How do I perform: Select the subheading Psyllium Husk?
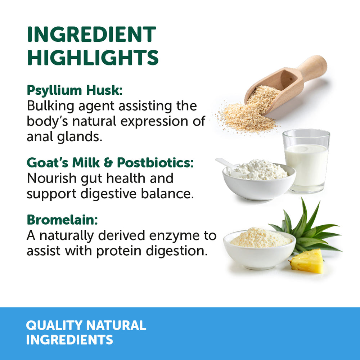point(75,90)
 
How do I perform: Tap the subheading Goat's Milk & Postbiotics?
point(110,163)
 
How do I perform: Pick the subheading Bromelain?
point(62,220)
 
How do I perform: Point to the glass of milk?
point(306,161)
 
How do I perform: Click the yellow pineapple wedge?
point(307,261)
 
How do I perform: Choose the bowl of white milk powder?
point(259,180)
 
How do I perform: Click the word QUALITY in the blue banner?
point(54,325)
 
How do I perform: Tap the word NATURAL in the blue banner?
point(116,325)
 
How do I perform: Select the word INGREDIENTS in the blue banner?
point(69,340)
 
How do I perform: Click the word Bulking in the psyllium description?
point(50,107)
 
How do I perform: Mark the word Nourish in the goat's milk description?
point(51,178)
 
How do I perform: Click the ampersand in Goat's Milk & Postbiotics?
point(108,163)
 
